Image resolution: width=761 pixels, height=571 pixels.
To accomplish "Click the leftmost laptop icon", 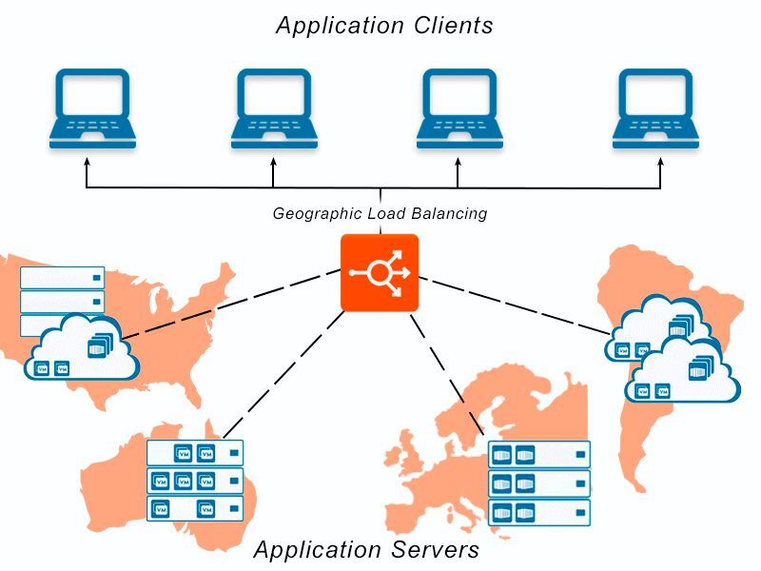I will pyautogui.click(x=92, y=107).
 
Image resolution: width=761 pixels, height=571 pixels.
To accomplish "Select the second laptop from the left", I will pyautogui.click(x=274, y=107).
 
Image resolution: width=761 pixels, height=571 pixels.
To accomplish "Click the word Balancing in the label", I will pyautogui.click(x=452, y=214).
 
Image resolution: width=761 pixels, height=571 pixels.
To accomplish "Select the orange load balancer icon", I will pyautogui.click(x=380, y=272).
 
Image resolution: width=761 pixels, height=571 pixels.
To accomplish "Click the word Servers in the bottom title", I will pyautogui.click(x=435, y=549).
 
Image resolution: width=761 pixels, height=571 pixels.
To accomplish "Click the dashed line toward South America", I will pyautogui.click(x=514, y=304).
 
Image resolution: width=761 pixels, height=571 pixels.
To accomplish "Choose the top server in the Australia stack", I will pyautogui.click(x=195, y=452).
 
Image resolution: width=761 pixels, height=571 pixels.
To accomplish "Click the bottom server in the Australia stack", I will pyautogui.click(x=195, y=508).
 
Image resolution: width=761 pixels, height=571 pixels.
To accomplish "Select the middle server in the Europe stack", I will pyautogui.click(x=538, y=482).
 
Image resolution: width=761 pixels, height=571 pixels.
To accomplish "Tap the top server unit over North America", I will pyautogui.click(x=62, y=277).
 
